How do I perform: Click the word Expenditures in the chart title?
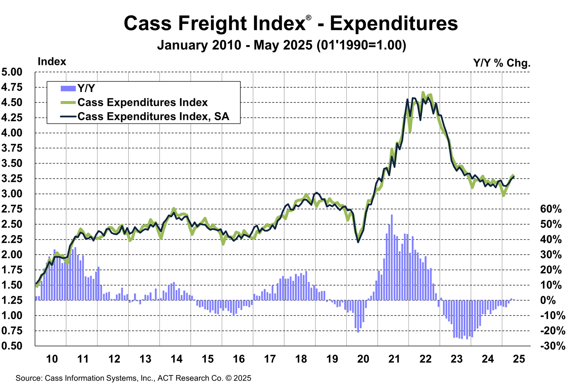click(x=394, y=23)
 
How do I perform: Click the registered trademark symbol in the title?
click(x=308, y=18)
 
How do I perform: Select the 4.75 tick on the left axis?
click(x=12, y=87)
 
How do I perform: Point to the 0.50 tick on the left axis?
click(x=12, y=346)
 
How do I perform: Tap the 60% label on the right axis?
click(x=551, y=209)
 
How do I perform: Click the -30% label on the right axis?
click(x=552, y=346)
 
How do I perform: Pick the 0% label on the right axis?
click(x=548, y=300)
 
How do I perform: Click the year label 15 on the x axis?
click(x=208, y=359)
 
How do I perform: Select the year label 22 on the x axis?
click(x=425, y=359)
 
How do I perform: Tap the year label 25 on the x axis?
click(x=519, y=359)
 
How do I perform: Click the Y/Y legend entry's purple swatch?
click(x=68, y=88)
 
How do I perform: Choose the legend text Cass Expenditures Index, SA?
click(x=153, y=117)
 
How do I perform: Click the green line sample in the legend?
click(x=68, y=103)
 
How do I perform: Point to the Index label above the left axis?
click(x=52, y=62)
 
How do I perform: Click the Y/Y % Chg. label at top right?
click(x=502, y=63)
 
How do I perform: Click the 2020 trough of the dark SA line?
click(x=358, y=242)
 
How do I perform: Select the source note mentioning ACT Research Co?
click(x=133, y=378)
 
